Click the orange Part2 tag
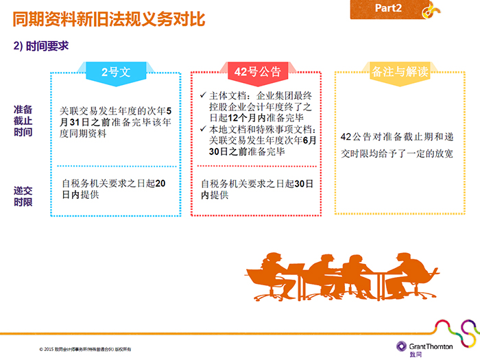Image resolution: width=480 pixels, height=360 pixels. point(389,9)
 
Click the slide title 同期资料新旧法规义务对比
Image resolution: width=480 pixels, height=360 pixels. point(108,19)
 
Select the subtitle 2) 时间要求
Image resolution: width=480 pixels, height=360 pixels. point(41,46)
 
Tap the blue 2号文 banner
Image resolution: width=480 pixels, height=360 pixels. point(116,73)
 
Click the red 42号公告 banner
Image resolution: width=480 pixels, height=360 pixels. point(257,72)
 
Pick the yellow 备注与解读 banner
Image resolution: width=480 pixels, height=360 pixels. point(400,72)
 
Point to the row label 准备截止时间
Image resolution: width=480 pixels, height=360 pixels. point(23,121)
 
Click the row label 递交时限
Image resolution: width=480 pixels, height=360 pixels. point(23,196)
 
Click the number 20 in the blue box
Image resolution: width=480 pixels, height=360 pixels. point(160,183)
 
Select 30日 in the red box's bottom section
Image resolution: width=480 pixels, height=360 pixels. point(304,184)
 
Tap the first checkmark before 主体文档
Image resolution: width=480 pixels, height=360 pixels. point(203,95)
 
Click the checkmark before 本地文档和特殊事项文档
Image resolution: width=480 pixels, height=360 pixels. point(203,129)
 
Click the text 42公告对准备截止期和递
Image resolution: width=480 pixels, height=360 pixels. point(397,137)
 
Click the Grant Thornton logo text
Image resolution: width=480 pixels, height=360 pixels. point(431,346)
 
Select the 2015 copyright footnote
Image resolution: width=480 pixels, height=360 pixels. point(85,349)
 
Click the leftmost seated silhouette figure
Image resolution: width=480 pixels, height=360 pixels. point(269,276)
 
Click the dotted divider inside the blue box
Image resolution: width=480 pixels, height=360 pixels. point(117,166)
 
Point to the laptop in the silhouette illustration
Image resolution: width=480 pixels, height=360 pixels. point(296,270)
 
